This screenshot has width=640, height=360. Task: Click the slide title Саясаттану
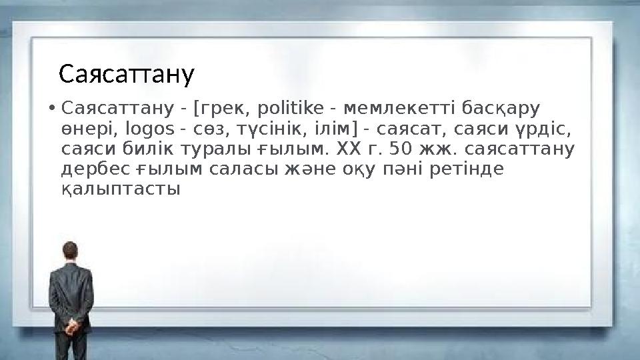coord(127,75)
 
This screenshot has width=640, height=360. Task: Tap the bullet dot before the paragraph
coord(51,108)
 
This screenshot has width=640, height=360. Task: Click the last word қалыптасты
coord(120,189)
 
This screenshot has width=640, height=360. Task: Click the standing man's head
coord(69,252)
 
